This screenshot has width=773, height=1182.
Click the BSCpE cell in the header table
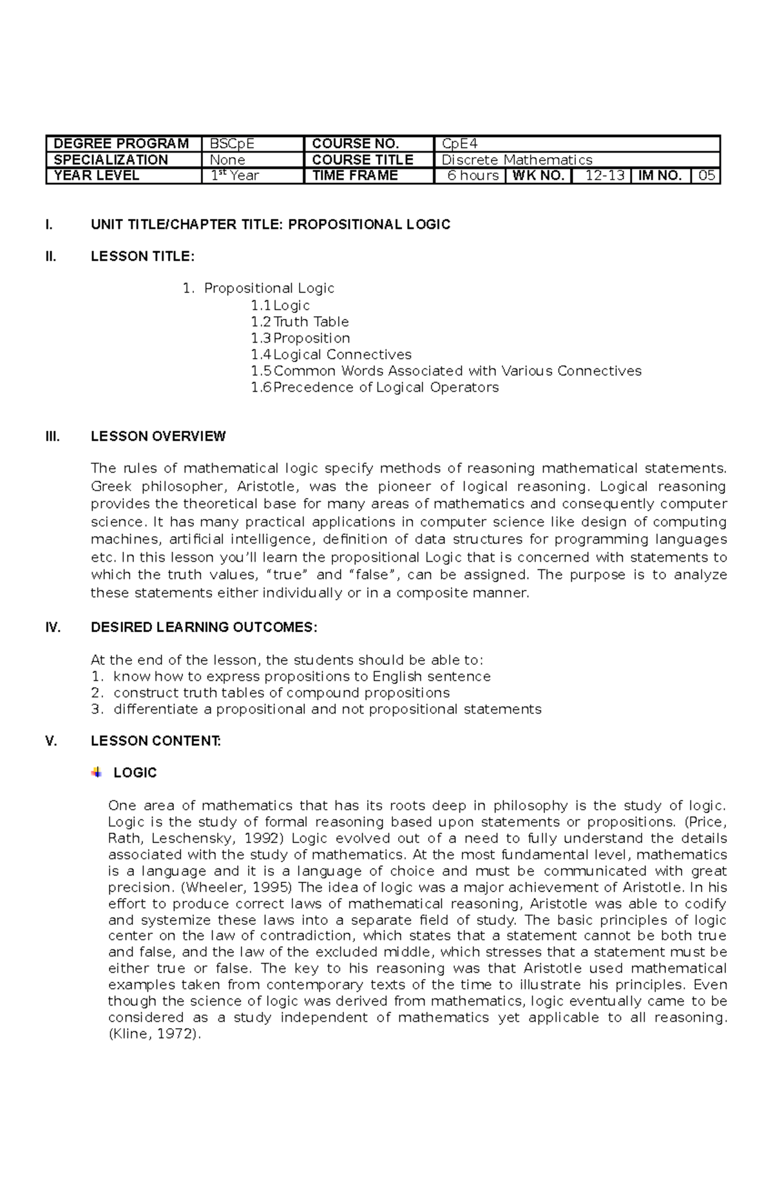point(251,144)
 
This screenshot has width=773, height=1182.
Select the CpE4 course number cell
point(577,144)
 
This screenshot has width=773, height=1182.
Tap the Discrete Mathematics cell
point(577,160)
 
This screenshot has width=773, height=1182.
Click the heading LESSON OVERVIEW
point(158,436)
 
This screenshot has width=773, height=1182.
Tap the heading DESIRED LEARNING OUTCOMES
point(204,627)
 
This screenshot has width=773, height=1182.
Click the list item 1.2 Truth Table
point(300,321)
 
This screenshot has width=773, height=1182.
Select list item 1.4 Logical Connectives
point(331,354)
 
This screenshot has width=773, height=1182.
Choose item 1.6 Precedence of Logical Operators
point(375,387)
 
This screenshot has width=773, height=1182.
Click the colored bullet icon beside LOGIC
point(97,772)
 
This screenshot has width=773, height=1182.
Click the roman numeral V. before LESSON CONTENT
point(52,741)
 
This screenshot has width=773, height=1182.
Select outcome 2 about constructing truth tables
point(281,692)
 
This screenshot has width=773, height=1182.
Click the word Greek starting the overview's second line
point(111,486)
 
